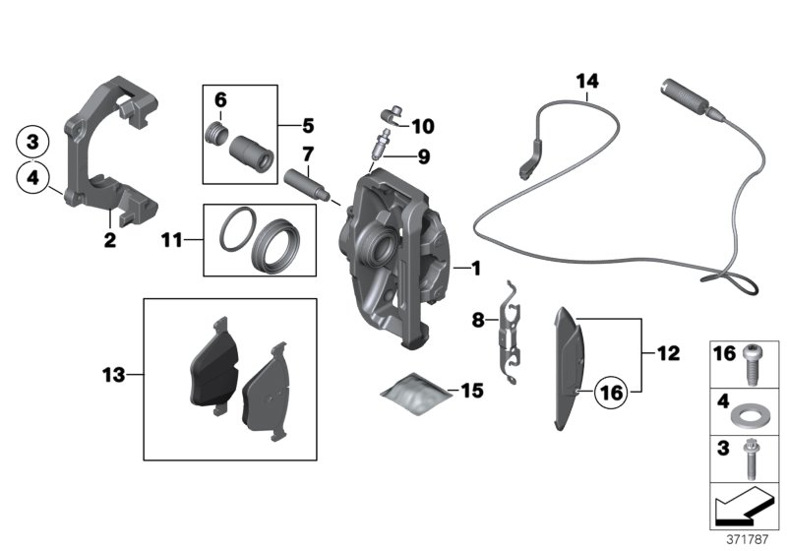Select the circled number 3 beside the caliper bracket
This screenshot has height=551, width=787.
pyautogui.click(x=32, y=142)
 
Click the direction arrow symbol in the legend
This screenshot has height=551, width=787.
pyautogui.click(x=743, y=507)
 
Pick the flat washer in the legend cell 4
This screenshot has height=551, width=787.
pyautogui.click(x=756, y=409)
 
